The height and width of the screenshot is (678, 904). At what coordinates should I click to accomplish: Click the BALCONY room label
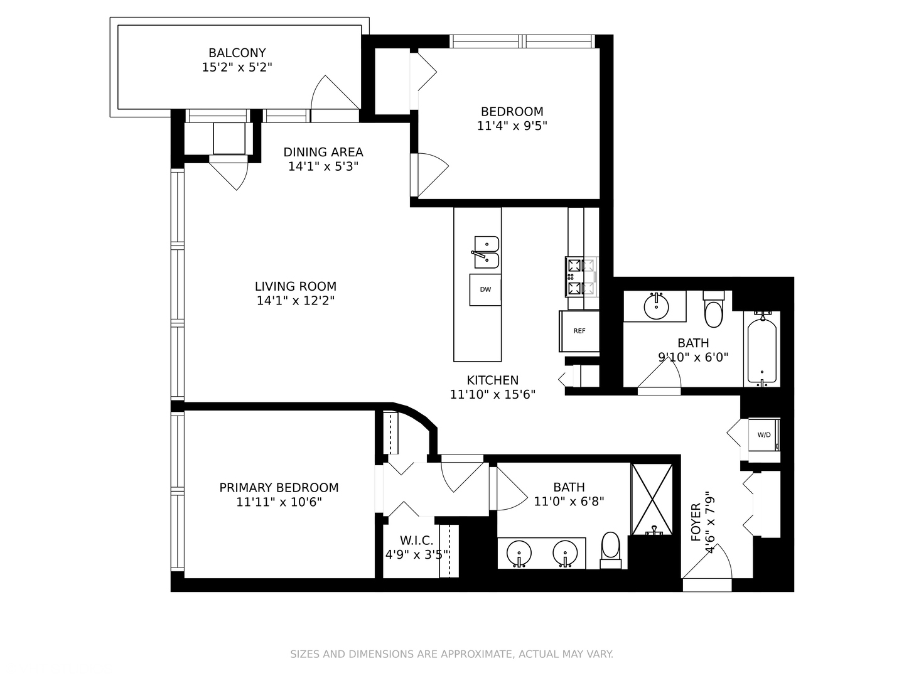point(237,53)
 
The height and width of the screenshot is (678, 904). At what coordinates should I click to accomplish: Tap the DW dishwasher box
point(485,289)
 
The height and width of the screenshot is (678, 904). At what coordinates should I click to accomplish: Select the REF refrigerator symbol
point(579,331)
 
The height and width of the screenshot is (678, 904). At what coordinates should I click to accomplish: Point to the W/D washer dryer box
point(764,434)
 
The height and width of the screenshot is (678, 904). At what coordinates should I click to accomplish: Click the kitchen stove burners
point(581,277)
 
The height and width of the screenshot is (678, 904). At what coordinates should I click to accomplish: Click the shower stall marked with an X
point(652,500)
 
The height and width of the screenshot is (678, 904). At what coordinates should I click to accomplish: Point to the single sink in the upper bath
point(656,306)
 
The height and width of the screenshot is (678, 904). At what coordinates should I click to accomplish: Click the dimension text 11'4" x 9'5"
point(512,126)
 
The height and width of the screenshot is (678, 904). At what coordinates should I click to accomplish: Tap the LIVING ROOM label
point(295,286)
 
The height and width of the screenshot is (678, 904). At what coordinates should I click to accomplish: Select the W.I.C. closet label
point(416,541)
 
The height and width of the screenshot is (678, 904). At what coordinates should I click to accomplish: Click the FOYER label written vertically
point(696,522)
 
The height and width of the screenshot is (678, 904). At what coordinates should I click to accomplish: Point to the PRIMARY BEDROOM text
point(279,488)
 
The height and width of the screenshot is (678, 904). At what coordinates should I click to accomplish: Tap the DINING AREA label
point(323,152)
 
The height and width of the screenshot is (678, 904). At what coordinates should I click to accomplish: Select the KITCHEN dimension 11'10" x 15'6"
point(492,394)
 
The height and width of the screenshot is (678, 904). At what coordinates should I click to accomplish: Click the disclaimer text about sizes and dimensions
point(451,654)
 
